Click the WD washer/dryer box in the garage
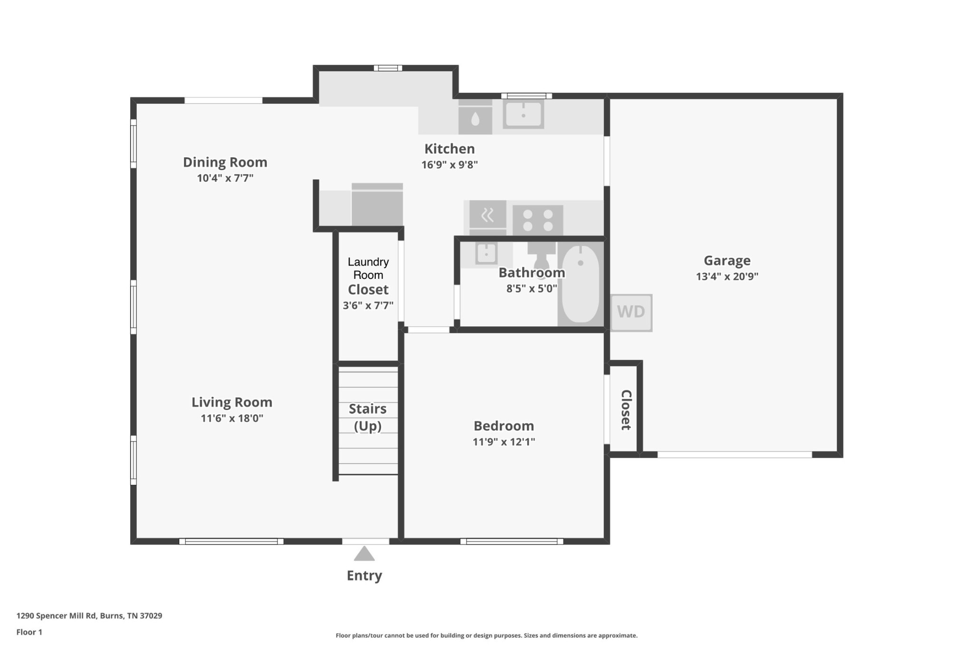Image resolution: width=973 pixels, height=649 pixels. pos(631,313)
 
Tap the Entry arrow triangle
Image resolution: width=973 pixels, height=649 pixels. pos(364,554)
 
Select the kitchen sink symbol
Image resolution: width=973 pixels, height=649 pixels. pos(524,114)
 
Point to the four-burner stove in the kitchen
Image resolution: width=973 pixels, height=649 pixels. pos(538,220)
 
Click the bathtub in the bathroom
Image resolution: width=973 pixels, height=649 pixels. pos(581,284)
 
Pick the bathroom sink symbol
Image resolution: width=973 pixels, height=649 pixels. pos(486,253)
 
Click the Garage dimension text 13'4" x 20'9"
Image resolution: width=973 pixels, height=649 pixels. pos(727,277)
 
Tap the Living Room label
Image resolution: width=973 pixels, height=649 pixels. pos(232,402)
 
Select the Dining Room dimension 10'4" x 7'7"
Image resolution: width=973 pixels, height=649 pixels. pos(225,178)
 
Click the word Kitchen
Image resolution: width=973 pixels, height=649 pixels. pos(449,149)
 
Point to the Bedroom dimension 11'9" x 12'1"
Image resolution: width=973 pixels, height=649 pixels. pos(504,442)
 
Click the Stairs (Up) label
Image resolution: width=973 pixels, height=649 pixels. pos(368,417)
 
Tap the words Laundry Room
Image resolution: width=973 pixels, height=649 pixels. pos(368,268)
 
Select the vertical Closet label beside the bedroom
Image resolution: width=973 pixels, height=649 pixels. pos(626,410)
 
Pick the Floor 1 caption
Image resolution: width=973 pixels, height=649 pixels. pos(29,632)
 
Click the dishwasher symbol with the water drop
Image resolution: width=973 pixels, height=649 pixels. pos(475,117)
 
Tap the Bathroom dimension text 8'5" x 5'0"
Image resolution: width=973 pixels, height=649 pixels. pos(532,289)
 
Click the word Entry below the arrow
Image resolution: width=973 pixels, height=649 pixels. pos(364,576)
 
